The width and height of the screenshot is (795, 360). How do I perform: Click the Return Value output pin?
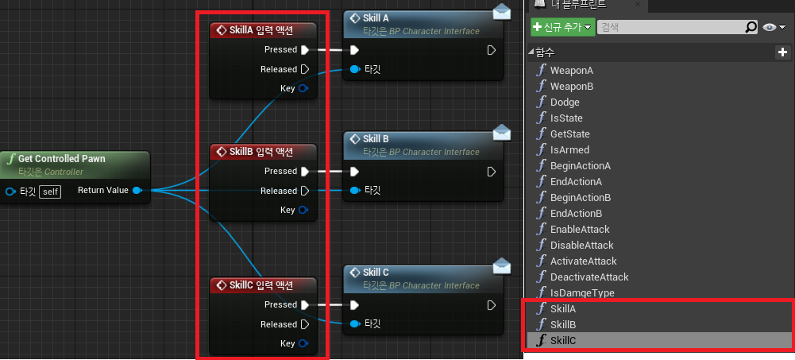pyautogui.click(x=137, y=191)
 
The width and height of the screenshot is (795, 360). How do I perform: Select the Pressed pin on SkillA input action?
pyautogui.click(x=304, y=49)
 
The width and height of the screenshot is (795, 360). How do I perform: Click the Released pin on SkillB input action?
pyautogui.click(x=304, y=191)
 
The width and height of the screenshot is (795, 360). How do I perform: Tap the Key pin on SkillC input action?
pyautogui.click(x=303, y=344)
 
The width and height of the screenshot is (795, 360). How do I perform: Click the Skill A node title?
pyautogui.click(x=376, y=18)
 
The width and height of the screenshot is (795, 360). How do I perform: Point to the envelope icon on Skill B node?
pyautogui.click(x=500, y=131)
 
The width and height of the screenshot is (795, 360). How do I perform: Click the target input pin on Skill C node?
pyautogui.click(x=355, y=324)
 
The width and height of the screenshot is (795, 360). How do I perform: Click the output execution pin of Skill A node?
pyautogui.click(x=492, y=50)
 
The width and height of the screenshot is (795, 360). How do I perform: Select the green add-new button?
pyautogui.click(x=562, y=27)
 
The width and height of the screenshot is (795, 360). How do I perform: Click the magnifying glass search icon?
pyautogui.click(x=751, y=27)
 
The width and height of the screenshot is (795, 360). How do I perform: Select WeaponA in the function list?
pyautogui.click(x=571, y=70)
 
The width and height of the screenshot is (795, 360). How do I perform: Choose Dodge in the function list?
pyautogui.click(x=565, y=102)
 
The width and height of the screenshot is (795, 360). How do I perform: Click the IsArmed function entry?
pyautogui.click(x=569, y=149)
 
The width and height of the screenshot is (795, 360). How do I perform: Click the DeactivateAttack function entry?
pyautogui.click(x=589, y=277)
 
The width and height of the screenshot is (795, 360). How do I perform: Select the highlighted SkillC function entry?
pyautogui.click(x=562, y=340)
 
